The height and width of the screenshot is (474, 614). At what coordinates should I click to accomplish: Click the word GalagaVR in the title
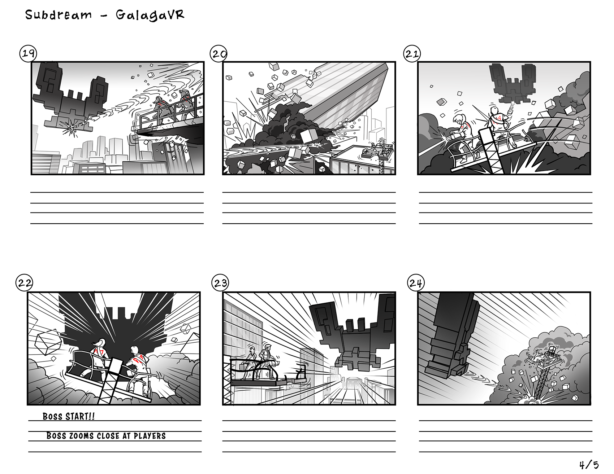pos(150,15)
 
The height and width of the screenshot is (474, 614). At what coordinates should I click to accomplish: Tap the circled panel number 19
pos(28,54)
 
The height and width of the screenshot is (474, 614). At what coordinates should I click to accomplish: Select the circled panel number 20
pos(219,54)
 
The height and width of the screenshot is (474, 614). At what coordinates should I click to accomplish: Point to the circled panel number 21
pos(412,54)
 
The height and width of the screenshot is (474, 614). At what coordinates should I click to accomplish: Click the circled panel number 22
pos(25,283)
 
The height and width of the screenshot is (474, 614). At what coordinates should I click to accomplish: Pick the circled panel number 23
pos(220,283)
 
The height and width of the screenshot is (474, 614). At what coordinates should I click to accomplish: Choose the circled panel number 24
pos(415,283)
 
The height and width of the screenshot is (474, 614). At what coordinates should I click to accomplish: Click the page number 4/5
pos(589,465)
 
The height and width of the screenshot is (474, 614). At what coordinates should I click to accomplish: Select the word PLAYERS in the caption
pos(150,436)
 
